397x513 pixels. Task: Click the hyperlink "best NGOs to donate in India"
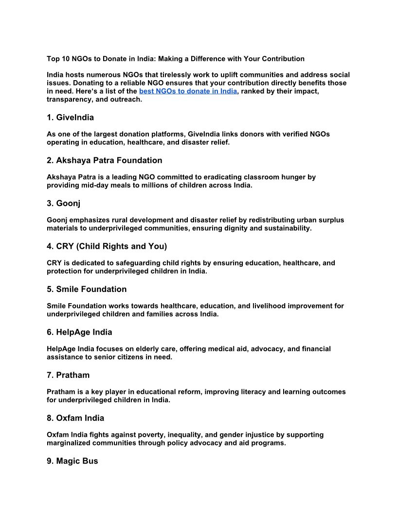pos(188,91)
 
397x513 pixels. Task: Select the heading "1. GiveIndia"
pos(70,118)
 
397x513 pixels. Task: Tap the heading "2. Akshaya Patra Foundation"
pos(104,160)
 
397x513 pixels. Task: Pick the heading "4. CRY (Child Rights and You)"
pos(107,246)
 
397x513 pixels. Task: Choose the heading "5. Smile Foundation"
pos(87,289)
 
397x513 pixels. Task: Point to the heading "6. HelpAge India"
pos(79,332)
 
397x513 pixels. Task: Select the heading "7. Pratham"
pos(68,375)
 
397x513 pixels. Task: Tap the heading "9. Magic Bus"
pos(72,461)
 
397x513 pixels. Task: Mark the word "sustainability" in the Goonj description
pos(287,228)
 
